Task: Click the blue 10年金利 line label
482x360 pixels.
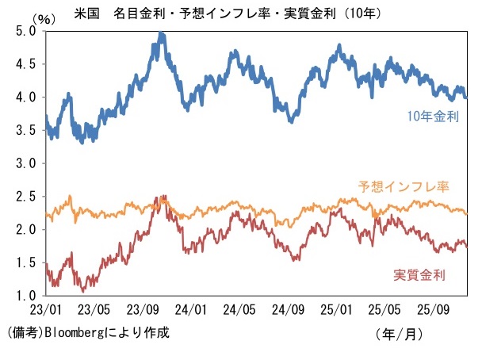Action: tap(433, 117)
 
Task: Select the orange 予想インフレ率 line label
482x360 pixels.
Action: tap(404, 187)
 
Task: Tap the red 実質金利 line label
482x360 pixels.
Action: tap(419, 275)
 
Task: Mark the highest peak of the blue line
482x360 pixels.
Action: tap(161, 33)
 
